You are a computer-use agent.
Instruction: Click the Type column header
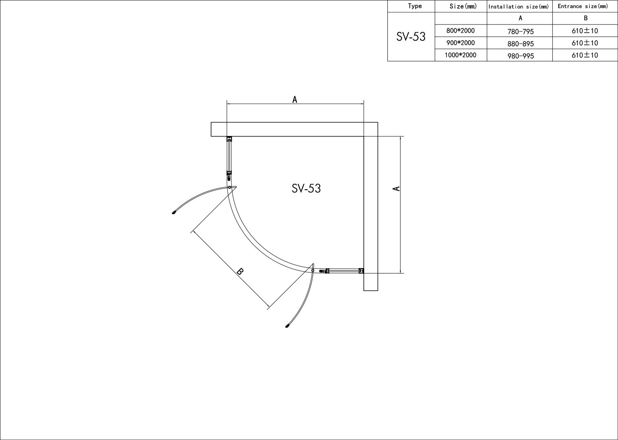coord(414,6)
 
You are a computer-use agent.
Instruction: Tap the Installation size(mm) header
coord(519,7)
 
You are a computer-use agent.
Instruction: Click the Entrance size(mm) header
coord(583,6)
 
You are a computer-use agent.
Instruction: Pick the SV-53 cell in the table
coord(411,37)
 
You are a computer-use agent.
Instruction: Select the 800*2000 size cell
coord(460,31)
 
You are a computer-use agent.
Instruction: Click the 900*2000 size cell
coord(460,43)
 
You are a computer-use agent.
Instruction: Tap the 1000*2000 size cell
coord(460,55)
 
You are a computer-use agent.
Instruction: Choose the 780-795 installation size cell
coord(520,31)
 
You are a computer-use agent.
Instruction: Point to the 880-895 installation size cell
coord(520,44)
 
